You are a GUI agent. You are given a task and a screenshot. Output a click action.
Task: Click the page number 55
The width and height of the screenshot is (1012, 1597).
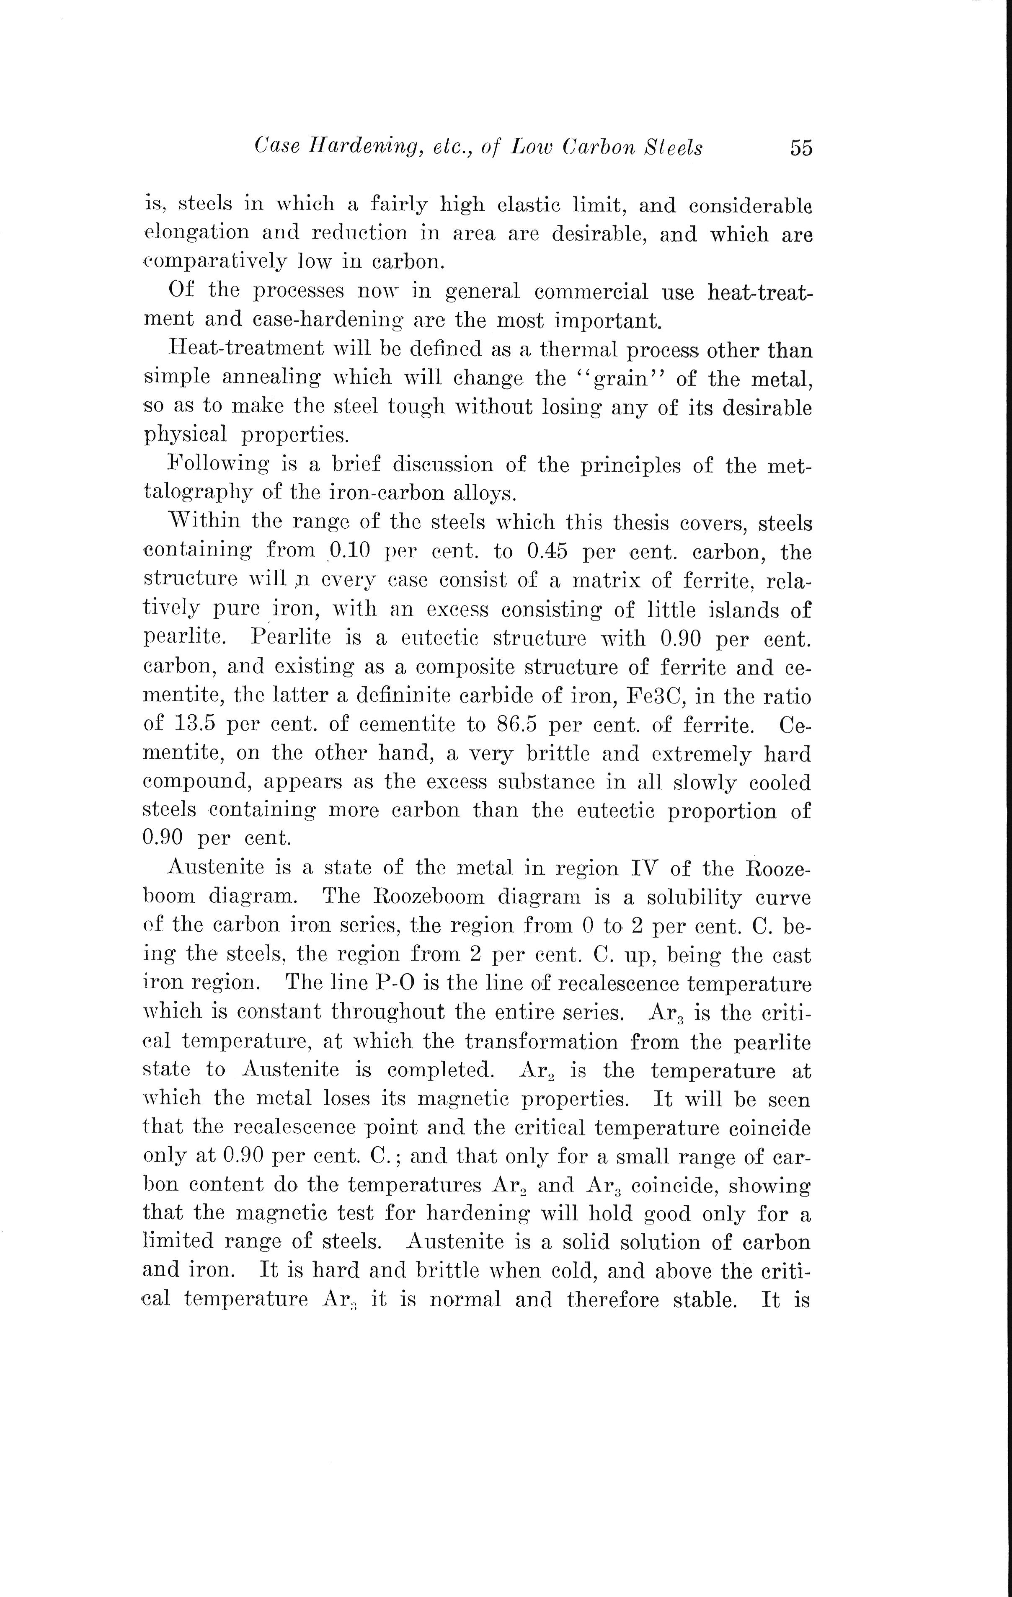pos(800,147)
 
